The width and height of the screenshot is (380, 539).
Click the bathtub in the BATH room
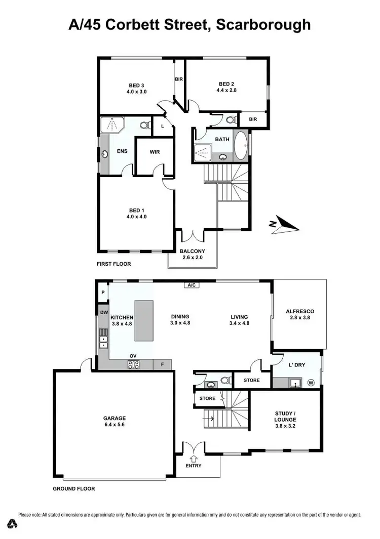coord(241,146)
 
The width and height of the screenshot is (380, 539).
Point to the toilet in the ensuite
coord(144,125)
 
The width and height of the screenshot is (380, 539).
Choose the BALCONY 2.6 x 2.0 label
coord(192,254)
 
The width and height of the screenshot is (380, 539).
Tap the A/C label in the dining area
coord(192,285)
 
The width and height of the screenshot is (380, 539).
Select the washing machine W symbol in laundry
coord(311,383)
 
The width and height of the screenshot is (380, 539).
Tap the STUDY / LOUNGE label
coord(285,416)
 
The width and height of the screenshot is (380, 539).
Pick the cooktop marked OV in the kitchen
coord(134,363)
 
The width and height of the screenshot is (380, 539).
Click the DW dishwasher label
coord(103,313)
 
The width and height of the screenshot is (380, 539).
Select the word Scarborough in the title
coord(263,24)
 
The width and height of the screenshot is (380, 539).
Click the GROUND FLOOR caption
coord(74,489)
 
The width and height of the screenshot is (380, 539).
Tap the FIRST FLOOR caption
coord(113,264)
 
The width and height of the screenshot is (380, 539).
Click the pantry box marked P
coord(103,293)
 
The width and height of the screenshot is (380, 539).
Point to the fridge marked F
coord(162,364)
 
